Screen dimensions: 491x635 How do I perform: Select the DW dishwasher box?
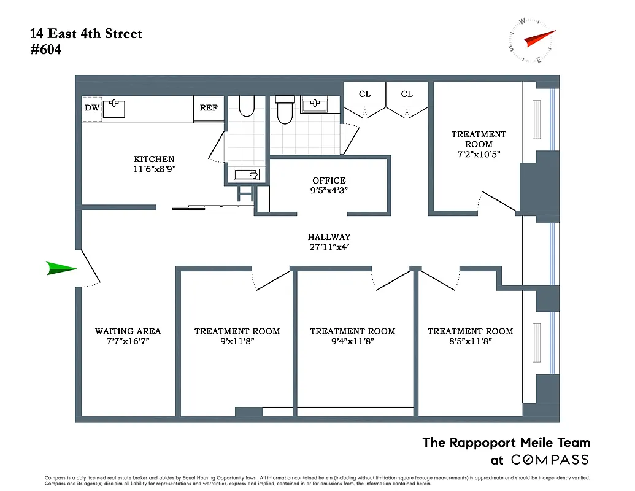92,109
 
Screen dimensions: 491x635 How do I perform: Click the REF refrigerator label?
209,108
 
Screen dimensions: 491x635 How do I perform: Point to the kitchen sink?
114,109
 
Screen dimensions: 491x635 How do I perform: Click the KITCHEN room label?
154,159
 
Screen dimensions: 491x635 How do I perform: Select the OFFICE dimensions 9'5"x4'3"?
329,190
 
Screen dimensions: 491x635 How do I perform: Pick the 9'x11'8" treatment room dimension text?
237,342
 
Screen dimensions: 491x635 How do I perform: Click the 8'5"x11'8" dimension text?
470,342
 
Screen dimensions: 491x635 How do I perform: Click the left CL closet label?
364,94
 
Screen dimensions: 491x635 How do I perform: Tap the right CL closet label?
407,94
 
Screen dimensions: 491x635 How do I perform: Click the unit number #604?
45,50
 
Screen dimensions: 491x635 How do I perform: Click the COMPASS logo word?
550,460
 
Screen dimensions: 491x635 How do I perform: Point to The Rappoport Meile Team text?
506,443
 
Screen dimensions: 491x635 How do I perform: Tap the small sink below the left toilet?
247,175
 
